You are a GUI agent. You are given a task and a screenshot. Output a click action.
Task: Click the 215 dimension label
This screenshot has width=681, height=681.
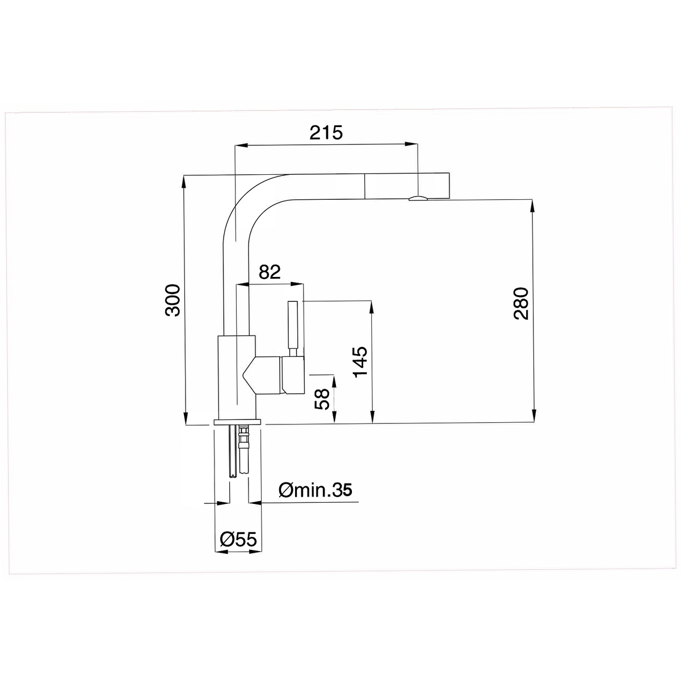(326, 133)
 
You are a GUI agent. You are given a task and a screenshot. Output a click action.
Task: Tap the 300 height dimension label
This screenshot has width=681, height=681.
(173, 300)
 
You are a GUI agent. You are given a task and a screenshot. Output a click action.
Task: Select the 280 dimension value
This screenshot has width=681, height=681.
(521, 304)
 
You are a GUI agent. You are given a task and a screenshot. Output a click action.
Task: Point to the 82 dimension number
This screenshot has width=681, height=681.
(270, 272)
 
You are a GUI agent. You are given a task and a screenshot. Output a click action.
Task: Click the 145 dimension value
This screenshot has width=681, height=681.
(361, 362)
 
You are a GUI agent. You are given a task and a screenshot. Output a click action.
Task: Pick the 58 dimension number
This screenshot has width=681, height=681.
(322, 400)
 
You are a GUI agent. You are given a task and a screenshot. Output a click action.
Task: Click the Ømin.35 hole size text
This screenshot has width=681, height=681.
(315, 490)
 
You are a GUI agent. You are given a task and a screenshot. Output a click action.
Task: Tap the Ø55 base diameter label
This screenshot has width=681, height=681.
(238, 540)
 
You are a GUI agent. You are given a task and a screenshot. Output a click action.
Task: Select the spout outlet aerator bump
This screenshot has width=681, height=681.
(418, 198)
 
